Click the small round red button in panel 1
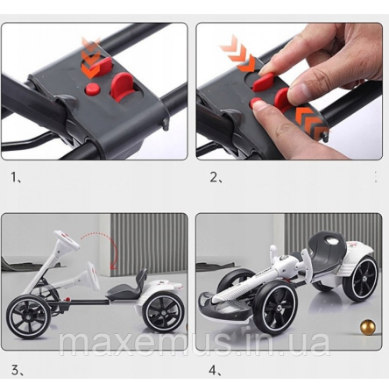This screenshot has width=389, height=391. (92, 89)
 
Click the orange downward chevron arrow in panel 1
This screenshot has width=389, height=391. (91, 58)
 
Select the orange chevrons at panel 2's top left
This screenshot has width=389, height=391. (237, 54)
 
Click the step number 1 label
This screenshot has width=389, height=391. (14, 177)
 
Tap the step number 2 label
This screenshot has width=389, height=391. (216, 177)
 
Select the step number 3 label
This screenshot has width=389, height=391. (17, 371)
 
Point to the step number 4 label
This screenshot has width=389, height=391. (215, 371)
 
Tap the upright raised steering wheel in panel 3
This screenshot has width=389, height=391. (67, 239)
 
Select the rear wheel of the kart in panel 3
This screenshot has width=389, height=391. (163, 313)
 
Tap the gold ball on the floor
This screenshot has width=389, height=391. (367, 327)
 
